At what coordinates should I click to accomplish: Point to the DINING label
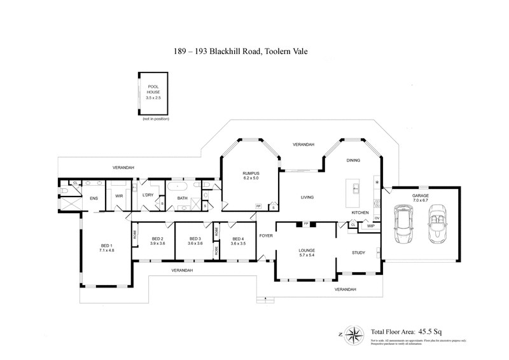tap(353, 160)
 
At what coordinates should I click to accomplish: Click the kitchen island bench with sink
tap(353, 190)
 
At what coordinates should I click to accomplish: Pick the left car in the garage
tap(403, 224)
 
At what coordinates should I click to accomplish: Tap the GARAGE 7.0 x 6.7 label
tap(420, 198)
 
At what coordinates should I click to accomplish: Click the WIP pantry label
tap(370, 225)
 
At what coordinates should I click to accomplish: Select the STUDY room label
tap(359, 253)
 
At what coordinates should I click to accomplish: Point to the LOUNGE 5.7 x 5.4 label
tap(307, 253)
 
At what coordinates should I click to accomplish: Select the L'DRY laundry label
tap(148, 196)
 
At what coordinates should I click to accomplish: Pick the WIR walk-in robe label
tap(118, 196)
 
